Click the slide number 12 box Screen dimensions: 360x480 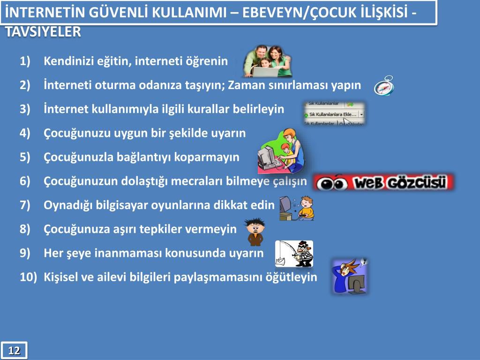click(x=14, y=350)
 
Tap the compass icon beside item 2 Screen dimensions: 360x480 click(x=384, y=86)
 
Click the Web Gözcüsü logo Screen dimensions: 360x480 click(x=383, y=182)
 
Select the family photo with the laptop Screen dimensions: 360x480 click(x=267, y=61)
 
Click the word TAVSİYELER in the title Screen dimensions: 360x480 click(x=43, y=32)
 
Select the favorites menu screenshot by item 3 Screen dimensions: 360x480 click(x=334, y=113)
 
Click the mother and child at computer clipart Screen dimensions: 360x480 click(x=281, y=151)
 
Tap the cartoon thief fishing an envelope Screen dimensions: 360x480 click(x=294, y=254)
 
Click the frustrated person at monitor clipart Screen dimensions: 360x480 click(x=350, y=276)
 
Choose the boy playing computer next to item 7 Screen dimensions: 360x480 click(x=297, y=208)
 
